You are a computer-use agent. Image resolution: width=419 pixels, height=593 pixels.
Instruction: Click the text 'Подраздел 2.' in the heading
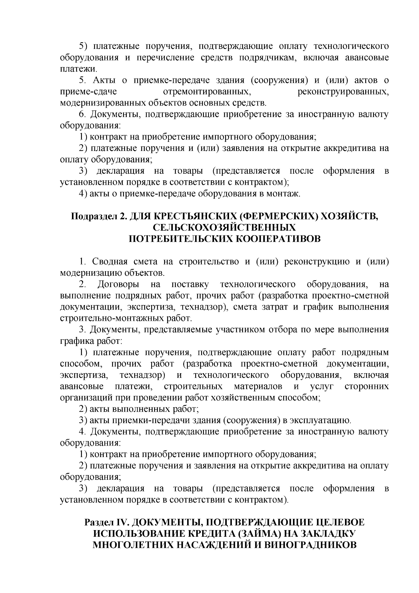click(x=99, y=216)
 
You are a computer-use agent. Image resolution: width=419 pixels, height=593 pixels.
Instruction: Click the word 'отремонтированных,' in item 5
click(x=208, y=92)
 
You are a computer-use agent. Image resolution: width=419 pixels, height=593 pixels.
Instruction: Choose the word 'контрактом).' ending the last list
click(x=266, y=500)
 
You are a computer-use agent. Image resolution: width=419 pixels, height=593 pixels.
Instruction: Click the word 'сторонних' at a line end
click(x=366, y=386)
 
